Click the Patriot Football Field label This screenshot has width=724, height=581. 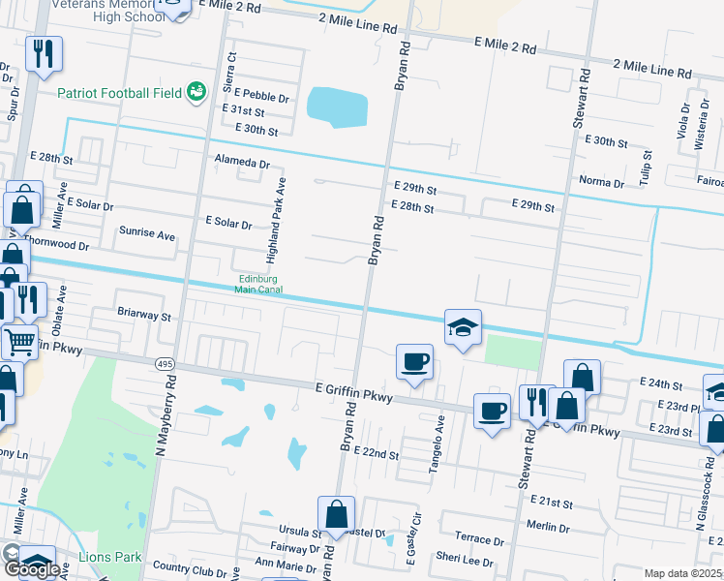click(120, 93)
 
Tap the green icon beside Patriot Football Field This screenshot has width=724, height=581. click(196, 92)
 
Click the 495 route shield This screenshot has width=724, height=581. click(163, 362)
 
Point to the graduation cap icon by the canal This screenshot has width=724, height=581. click(464, 327)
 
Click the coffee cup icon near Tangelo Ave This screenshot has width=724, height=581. click(414, 362)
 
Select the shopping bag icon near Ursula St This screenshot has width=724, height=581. click(336, 514)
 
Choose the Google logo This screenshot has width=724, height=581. click(32, 569)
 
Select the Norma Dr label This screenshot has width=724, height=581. click(601, 182)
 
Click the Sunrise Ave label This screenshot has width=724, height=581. click(146, 234)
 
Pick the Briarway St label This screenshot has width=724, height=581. click(143, 316)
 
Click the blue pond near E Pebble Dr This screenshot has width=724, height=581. click(337, 107)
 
